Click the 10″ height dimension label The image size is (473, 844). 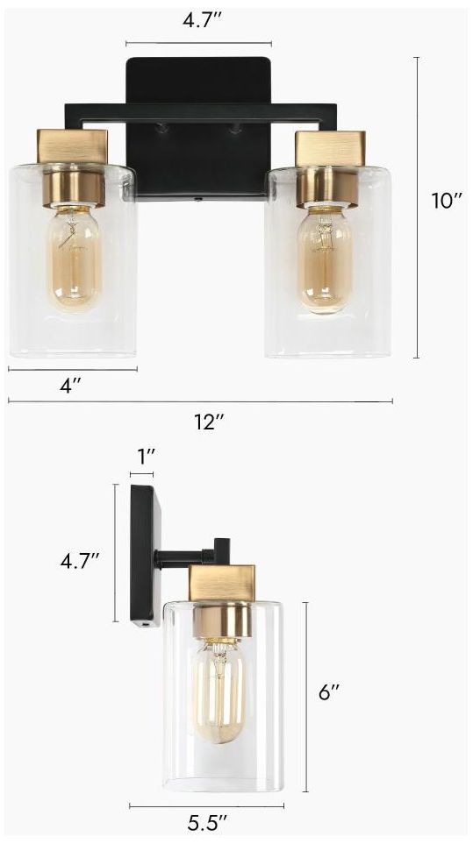pyautogui.click(x=446, y=201)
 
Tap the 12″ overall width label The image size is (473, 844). pyautogui.click(x=209, y=421)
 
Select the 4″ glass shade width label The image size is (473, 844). pyautogui.click(x=71, y=386)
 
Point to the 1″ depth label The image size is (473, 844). pyautogui.click(x=146, y=456)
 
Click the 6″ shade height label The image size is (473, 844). pyautogui.click(x=328, y=692)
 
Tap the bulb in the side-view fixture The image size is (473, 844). pyautogui.click(x=219, y=692)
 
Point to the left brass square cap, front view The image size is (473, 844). pyautogui.click(x=72, y=145)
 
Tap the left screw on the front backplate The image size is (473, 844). pyautogui.click(x=161, y=130)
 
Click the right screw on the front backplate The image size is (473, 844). pyautogui.click(x=234, y=130)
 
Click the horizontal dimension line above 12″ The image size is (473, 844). pyautogui.click(x=200, y=402)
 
